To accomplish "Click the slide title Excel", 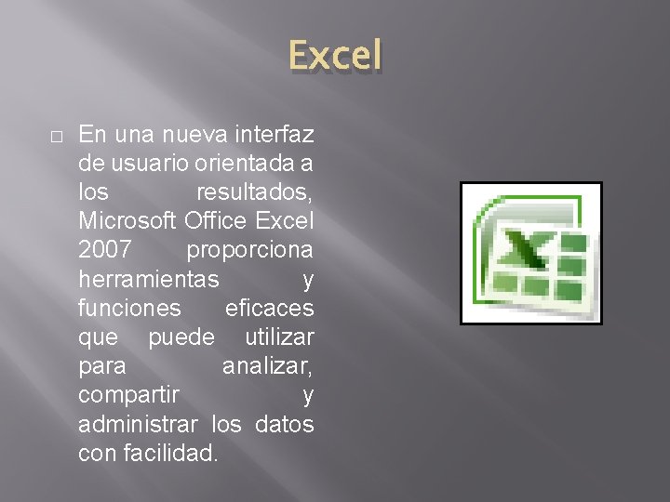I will pyautogui.click(x=335, y=56).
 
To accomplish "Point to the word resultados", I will pyautogui.click(x=254, y=193).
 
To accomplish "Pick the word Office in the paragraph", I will pyautogui.click(x=217, y=222).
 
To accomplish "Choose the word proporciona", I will pyautogui.click(x=249, y=251).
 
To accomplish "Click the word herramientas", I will pyautogui.click(x=149, y=280).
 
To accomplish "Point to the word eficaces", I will pyautogui.click(x=270, y=309).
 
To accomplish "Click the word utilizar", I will pyautogui.click(x=279, y=337).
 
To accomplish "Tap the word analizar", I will pyautogui.click(x=267, y=366).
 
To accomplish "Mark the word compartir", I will pyautogui.click(x=127, y=395).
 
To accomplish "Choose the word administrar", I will pyautogui.click(x=138, y=424).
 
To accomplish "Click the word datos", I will pyautogui.click(x=284, y=424).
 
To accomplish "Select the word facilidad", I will pyautogui.click(x=174, y=453).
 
